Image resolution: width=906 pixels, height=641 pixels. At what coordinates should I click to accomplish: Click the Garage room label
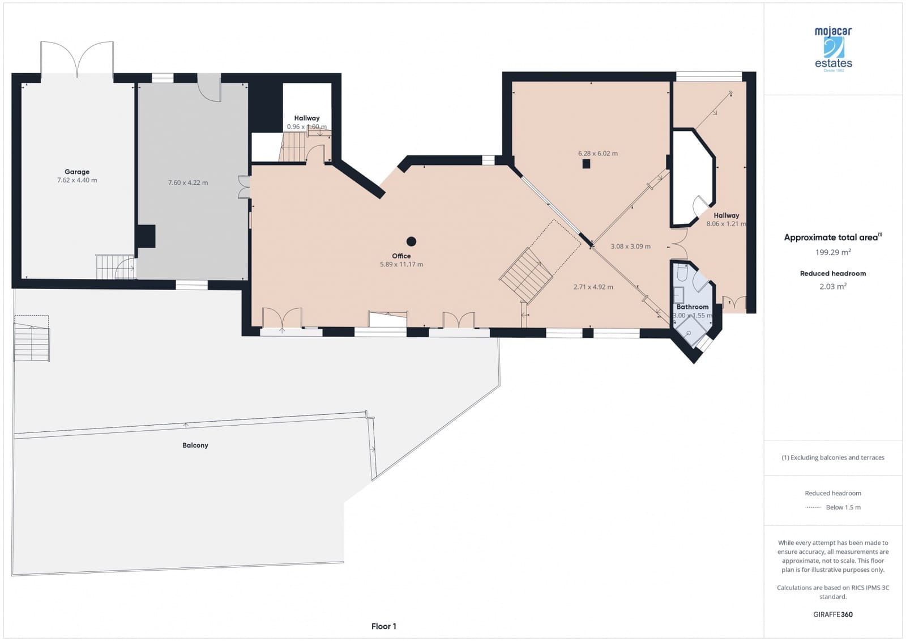[x=77, y=172]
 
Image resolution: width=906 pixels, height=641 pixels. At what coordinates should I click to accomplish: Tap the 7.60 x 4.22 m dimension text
[x=188, y=182]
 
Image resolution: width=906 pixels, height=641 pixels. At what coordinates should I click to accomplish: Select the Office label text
[x=401, y=256]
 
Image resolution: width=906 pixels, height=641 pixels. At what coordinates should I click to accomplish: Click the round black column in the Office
[x=412, y=241]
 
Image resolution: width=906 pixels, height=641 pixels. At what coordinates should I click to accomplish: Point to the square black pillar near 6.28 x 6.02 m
[x=586, y=164]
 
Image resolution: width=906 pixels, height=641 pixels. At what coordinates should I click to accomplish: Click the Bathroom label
[x=692, y=307]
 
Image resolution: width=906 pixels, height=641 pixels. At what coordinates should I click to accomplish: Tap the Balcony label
[x=195, y=445]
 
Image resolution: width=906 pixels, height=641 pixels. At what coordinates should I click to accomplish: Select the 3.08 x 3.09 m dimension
[x=630, y=247]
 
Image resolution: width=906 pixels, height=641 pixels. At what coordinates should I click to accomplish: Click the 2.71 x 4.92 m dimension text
[x=593, y=287]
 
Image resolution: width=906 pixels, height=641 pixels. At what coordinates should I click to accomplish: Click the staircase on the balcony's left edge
[x=32, y=342]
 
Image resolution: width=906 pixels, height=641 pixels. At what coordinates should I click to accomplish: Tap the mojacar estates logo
[x=833, y=49]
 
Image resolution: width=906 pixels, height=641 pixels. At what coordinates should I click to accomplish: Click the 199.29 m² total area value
[x=833, y=252]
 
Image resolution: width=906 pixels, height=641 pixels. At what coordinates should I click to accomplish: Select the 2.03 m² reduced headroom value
[x=833, y=286]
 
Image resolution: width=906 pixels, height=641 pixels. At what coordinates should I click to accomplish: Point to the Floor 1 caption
[x=383, y=626]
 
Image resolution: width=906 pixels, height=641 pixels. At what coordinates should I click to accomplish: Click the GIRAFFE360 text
[x=833, y=614]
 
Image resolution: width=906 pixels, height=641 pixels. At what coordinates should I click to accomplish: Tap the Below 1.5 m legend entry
[x=843, y=507]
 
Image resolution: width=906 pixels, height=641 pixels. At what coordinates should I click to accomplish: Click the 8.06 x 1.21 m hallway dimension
[x=726, y=224]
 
